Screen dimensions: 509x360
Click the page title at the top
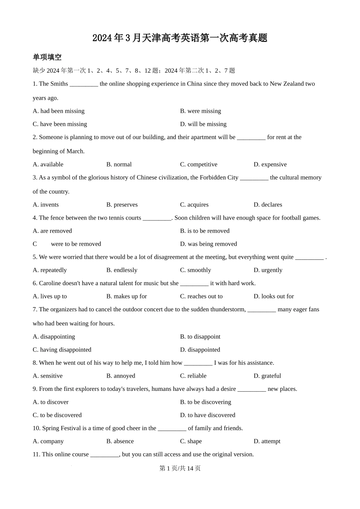tap(180, 38)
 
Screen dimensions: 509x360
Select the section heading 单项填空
tap(47, 57)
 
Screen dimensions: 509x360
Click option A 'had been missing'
tap(59, 111)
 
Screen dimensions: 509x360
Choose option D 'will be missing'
tap(203, 124)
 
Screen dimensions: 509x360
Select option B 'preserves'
tap(122, 205)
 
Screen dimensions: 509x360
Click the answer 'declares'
tap(268, 205)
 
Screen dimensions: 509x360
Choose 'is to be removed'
tap(205, 231)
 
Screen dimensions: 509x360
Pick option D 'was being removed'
tap(208, 244)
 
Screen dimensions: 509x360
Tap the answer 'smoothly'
tap(196, 270)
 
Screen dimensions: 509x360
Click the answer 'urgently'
tap(268, 270)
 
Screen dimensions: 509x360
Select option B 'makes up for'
tap(127, 296)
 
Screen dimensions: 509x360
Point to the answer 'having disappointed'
tap(62, 350)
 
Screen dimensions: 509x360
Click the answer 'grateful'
tap(268, 376)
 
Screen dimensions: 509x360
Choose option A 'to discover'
tap(51, 402)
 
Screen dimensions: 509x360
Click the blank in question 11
tap(105, 454)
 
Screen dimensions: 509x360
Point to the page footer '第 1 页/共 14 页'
tap(180, 468)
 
